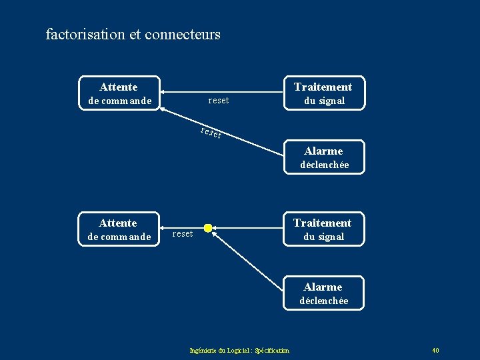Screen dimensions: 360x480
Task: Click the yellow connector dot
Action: click(x=208, y=229)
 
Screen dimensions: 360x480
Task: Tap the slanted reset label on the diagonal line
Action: click(x=211, y=133)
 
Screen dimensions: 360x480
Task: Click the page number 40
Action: click(x=435, y=351)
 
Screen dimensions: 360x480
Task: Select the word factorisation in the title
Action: click(x=85, y=34)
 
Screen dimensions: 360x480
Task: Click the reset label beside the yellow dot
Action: click(x=183, y=234)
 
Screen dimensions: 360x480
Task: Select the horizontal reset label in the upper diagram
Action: click(x=219, y=101)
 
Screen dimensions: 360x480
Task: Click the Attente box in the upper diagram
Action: click(x=119, y=93)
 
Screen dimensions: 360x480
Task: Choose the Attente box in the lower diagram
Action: click(x=119, y=229)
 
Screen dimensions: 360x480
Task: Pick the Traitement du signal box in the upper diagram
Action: click(x=323, y=93)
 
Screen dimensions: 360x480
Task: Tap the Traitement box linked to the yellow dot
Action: click(x=323, y=229)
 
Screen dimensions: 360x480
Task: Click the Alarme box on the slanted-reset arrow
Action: click(x=323, y=157)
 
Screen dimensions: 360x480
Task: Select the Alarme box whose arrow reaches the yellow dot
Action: click(x=323, y=293)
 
